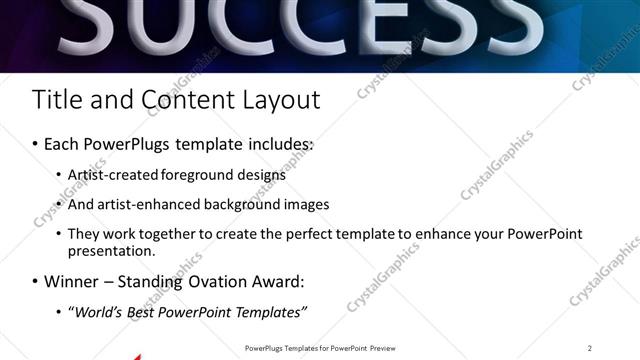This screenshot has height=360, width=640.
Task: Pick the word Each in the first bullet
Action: pos(62,144)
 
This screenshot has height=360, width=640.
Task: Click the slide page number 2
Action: pos(590,348)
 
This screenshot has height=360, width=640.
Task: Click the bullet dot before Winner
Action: pos(35,283)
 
